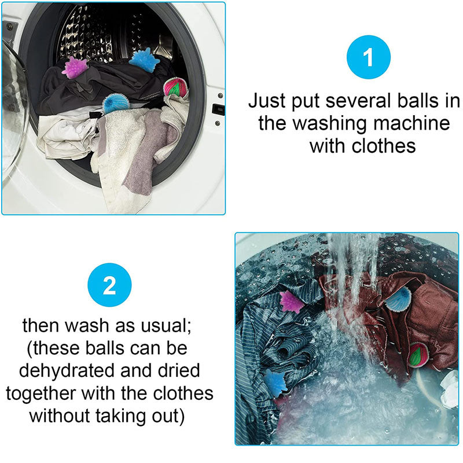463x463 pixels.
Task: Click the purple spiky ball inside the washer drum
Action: click(x=75, y=68)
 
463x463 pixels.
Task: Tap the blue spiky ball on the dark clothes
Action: click(x=141, y=60)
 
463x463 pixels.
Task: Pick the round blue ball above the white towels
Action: click(x=116, y=104)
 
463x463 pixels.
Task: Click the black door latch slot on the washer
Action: click(x=218, y=109)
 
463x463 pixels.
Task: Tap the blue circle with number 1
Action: click(x=369, y=57)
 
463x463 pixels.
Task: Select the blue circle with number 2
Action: click(x=109, y=285)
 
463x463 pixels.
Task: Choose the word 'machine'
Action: click(x=411, y=123)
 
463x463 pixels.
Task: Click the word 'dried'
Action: click(x=179, y=370)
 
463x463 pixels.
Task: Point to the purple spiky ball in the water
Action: click(x=291, y=302)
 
